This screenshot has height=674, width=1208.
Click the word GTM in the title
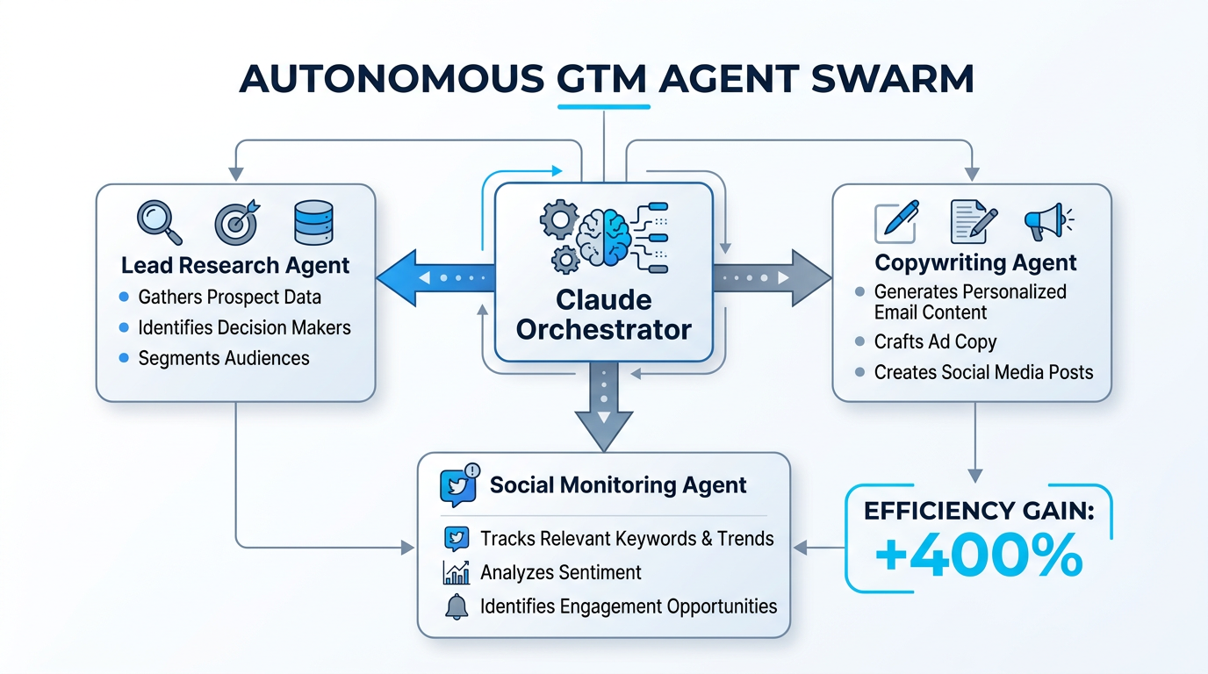[x=603, y=79]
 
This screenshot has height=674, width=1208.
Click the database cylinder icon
[x=313, y=222]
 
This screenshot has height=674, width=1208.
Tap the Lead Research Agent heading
[x=235, y=265]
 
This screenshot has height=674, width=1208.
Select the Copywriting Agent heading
[x=975, y=262]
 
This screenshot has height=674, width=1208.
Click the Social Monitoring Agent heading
[x=618, y=485]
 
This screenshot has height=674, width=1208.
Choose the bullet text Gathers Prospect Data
[x=229, y=298]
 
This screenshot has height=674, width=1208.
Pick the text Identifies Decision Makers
[x=244, y=327]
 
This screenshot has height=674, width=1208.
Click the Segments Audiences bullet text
[x=224, y=358]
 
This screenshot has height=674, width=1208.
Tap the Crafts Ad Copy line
[x=935, y=342]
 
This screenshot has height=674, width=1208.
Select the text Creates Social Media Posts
[x=983, y=372]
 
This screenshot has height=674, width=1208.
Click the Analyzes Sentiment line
[x=561, y=573]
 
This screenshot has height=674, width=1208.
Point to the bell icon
[x=457, y=606]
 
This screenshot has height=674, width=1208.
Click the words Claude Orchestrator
[x=603, y=314]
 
